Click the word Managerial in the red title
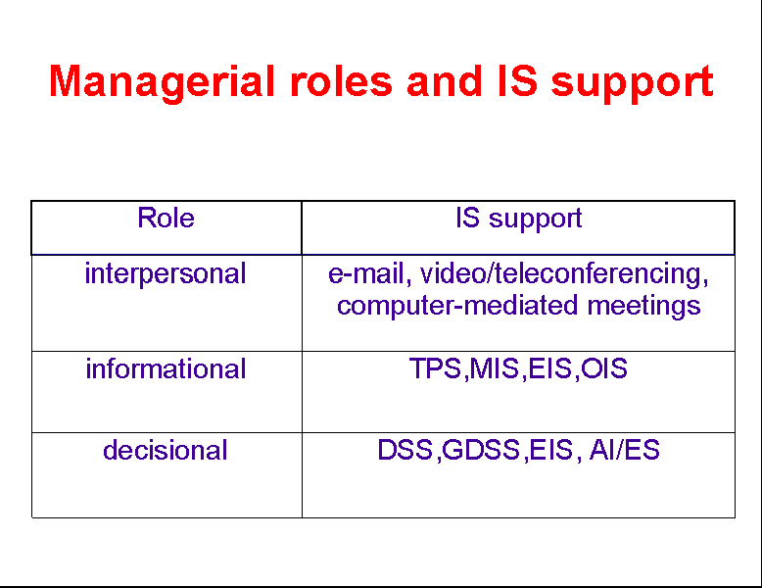tap(163, 82)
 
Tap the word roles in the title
tap(341, 81)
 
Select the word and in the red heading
tap(445, 81)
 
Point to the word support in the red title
tap(633, 83)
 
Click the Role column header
tap(166, 218)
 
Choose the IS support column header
tap(518, 219)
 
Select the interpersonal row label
tap(166, 274)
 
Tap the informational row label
tap(166, 368)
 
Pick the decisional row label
tap(166, 450)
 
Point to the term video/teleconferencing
tap(564, 274)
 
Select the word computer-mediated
tap(457, 307)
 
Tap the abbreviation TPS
tap(435, 368)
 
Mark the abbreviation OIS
tap(604, 368)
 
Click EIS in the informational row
tap(549, 368)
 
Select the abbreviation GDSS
tap(481, 450)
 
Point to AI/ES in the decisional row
tap(625, 450)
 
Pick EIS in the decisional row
tap(551, 450)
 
